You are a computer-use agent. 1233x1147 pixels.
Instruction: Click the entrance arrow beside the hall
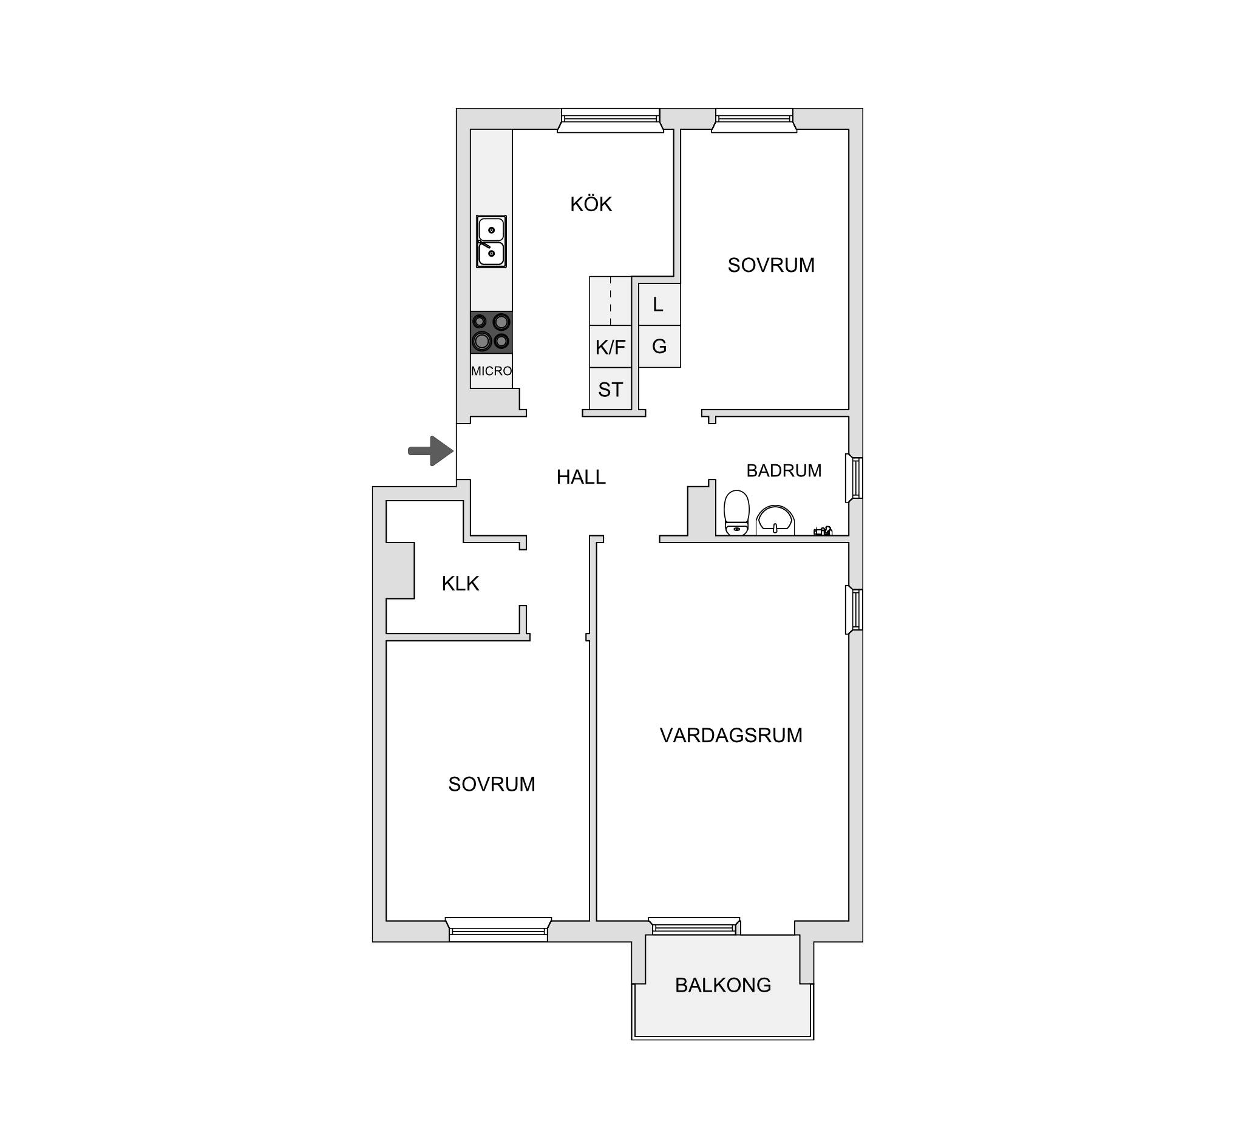point(431,451)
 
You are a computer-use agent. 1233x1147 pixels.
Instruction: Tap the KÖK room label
point(591,204)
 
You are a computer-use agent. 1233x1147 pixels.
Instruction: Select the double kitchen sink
point(491,241)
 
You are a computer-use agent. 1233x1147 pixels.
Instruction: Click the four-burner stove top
point(491,332)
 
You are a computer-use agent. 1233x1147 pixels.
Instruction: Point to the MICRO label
point(491,371)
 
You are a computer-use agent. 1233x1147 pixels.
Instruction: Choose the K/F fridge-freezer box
point(610,347)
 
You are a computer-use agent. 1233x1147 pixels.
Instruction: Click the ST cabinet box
point(610,389)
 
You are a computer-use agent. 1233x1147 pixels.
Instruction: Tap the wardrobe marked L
point(659,305)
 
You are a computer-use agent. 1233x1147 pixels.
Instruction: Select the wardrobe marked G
point(659,347)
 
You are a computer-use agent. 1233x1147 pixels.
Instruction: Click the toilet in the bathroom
point(737,513)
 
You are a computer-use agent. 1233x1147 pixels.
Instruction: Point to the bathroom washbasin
point(775,519)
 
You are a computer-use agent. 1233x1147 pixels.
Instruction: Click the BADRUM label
point(784,470)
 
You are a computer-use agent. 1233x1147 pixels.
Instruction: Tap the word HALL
point(581,477)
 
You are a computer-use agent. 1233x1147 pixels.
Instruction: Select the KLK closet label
point(460,583)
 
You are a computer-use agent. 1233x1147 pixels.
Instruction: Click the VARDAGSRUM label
point(732,736)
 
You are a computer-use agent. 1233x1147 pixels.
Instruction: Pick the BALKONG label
point(723,985)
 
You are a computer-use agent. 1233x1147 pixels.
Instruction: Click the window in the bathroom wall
point(854,478)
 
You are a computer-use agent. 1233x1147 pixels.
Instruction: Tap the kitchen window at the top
point(610,121)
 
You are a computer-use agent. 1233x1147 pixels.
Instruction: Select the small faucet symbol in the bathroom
point(823,531)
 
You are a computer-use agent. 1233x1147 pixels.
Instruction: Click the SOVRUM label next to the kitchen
point(771,265)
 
